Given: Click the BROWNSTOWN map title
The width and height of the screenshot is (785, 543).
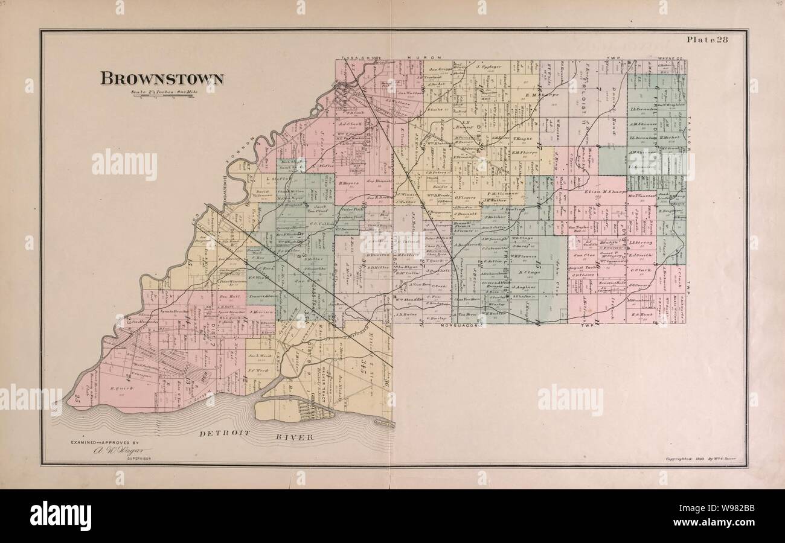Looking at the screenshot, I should [x=162, y=79].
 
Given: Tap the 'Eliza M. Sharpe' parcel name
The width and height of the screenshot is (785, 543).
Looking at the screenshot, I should [x=601, y=192].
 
